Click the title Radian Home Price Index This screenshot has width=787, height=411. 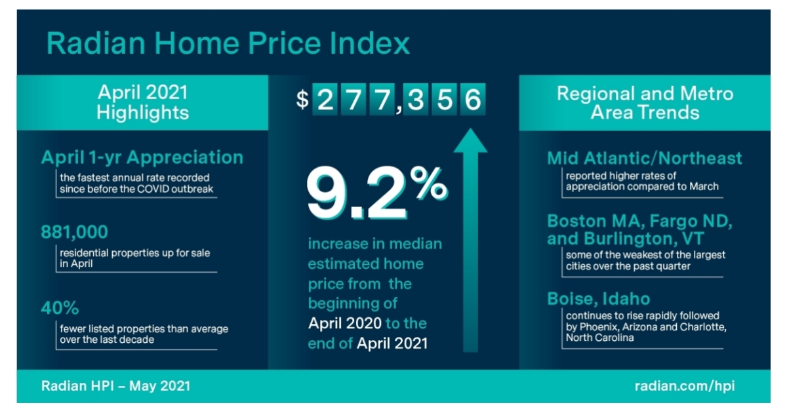click(x=228, y=43)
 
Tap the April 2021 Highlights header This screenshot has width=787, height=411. click(x=142, y=102)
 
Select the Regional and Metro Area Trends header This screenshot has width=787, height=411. click(x=645, y=102)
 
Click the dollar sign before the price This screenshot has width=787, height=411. click(x=302, y=100)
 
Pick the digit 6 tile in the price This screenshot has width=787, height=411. click(x=472, y=100)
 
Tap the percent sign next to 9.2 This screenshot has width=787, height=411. click(x=430, y=183)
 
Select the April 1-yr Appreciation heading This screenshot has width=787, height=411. click(x=142, y=157)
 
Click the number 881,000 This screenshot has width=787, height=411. click(x=74, y=233)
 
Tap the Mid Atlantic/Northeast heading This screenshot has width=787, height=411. click(x=644, y=158)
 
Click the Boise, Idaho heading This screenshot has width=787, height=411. click(x=598, y=299)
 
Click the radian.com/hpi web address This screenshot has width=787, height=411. click(x=684, y=386)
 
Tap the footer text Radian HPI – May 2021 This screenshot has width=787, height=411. click(x=115, y=386)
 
